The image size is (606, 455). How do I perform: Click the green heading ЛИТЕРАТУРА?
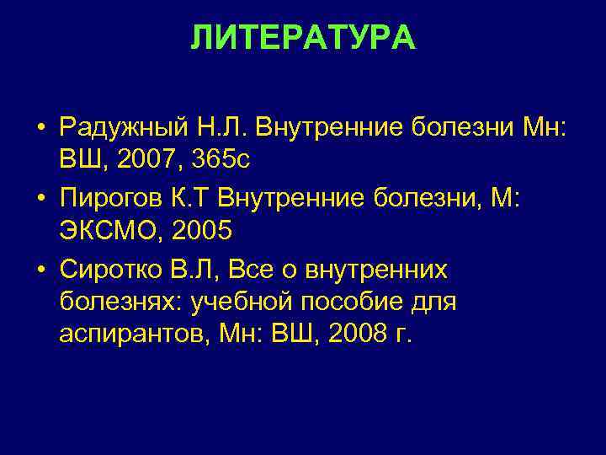coord(303,38)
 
